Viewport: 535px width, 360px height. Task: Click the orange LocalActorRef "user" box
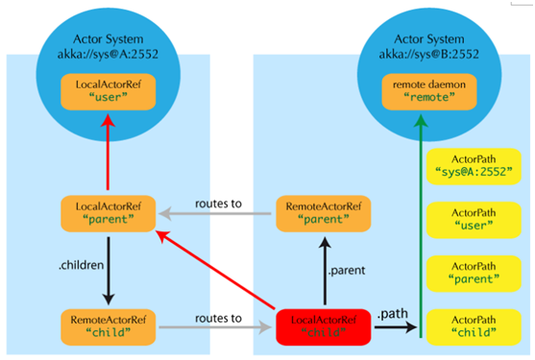pyautogui.click(x=109, y=92)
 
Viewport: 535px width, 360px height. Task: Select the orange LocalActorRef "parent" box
pyautogui.click(x=109, y=213)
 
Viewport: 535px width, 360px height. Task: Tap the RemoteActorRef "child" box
pyautogui.click(x=109, y=327)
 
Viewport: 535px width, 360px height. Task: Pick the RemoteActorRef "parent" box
pyautogui.click(x=324, y=213)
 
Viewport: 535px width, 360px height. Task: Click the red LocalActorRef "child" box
pyautogui.click(x=324, y=327)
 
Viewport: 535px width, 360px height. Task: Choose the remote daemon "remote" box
pyautogui.click(x=429, y=92)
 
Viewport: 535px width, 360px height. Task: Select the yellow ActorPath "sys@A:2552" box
pyautogui.click(x=474, y=166)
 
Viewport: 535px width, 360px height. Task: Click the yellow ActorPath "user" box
pyautogui.click(x=474, y=220)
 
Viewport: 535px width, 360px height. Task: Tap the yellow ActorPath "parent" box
pyautogui.click(x=474, y=274)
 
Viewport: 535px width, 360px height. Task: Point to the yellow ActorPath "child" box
pyautogui.click(x=474, y=327)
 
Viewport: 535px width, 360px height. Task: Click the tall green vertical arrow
pyautogui.click(x=421, y=226)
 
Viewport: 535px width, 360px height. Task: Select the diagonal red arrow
pyautogui.click(x=215, y=270)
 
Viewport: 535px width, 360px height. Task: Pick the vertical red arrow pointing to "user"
pyautogui.click(x=108, y=152)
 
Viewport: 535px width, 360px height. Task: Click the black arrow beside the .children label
pyautogui.click(x=109, y=271)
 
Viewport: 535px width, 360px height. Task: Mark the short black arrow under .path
pyautogui.click(x=396, y=327)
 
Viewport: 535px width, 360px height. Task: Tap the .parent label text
pyautogui.click(x=347, y=271)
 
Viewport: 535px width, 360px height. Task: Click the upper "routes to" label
pyautogui.click(x=218, y=204)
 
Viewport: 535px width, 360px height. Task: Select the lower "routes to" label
pyautogui.click(x=218, y=318)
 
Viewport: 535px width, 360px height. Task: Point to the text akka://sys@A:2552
pyautogui.click(x=108, y=54)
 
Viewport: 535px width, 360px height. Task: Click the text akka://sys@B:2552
pyautogui.click(x=429, y=54)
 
